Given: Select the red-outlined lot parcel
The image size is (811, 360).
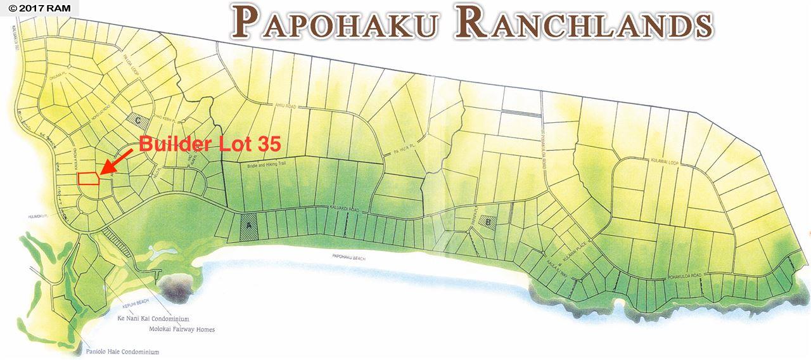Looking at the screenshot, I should coord(88,178).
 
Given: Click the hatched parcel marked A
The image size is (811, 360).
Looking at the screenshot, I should coord(250,227).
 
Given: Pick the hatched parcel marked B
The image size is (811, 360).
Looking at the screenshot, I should coord(487,222).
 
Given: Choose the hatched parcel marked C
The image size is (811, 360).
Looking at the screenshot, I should coord(140,119).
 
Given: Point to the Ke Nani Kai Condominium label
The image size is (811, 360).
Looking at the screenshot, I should coord(153,319).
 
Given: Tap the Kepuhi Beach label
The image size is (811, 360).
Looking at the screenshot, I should coord(124,305).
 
